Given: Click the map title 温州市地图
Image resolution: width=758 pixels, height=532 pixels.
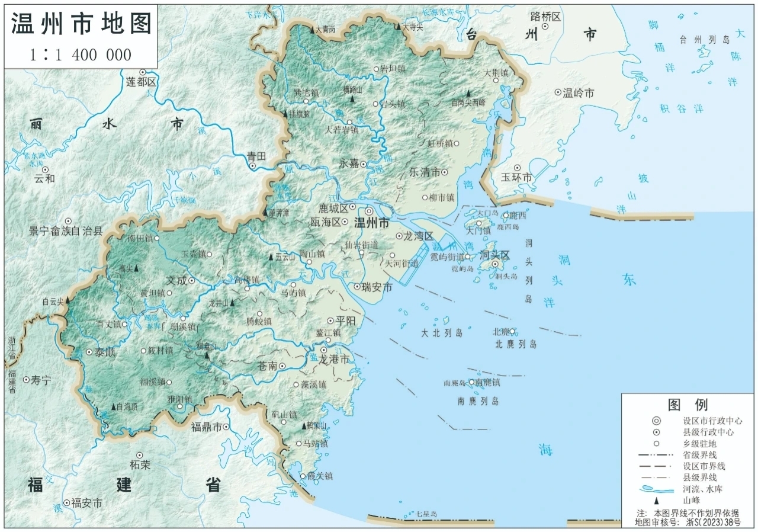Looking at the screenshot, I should tap(81, 24).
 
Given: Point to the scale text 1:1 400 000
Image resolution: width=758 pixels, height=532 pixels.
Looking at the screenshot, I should tap(81, 55).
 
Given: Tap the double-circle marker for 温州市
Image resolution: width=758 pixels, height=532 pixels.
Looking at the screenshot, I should tap(369, 211).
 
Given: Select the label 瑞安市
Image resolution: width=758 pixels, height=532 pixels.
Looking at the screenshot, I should tap(377, 287).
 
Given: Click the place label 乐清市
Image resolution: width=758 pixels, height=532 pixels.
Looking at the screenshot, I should tap(425, 172).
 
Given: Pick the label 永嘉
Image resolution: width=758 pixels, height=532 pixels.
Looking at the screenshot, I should tap(349, 164).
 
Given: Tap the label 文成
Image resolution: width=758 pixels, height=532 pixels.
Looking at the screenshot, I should tap(176, 279).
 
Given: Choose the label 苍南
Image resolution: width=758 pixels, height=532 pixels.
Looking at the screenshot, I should tap(268, 366).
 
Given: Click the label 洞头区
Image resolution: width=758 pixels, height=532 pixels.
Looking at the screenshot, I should tap(494, 255).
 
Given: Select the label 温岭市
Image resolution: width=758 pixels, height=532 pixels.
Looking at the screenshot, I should tap(578, 93).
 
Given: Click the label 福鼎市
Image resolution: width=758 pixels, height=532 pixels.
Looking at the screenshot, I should tap(206, 427).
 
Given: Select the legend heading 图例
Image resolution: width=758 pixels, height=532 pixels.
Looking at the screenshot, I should tap(688, 405).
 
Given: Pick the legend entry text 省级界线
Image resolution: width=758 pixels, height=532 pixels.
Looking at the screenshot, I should tap(700, 455).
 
